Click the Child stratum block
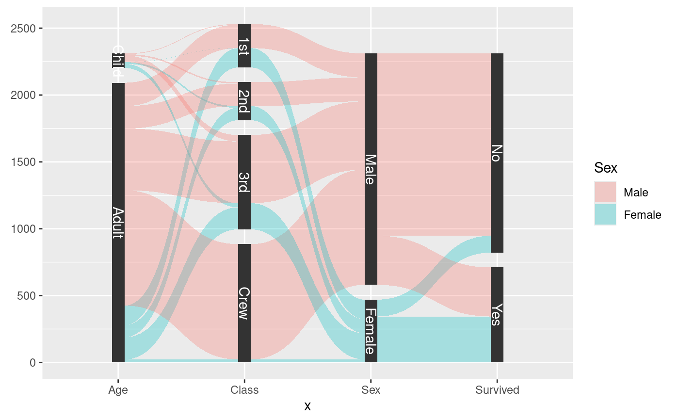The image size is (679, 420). pos(118,61)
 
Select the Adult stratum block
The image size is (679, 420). pos(118,223)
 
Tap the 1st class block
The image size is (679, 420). pos(244,46)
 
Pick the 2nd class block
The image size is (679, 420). pos(244,101)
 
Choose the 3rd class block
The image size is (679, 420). pos(244,182)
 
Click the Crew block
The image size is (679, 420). pos(244,303)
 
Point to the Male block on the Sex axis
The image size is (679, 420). pos(371,169)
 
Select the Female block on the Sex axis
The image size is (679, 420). pos(371,331)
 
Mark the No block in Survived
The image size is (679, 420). pos(497,153)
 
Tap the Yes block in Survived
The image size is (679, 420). pos(497,315)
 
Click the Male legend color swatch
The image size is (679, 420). pos(605,193)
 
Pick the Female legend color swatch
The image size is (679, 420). pos(605,215)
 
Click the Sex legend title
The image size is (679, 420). pos(606,168)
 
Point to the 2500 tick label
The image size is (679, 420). pos(23,28)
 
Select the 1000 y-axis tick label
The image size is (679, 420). pos(23,229)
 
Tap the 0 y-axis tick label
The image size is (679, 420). pos(33,363)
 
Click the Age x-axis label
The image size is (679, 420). pos(118,390)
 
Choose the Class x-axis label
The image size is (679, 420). pos(244,390)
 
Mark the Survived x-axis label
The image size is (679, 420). pos(497,390)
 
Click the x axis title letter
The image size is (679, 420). pos(307,406)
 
